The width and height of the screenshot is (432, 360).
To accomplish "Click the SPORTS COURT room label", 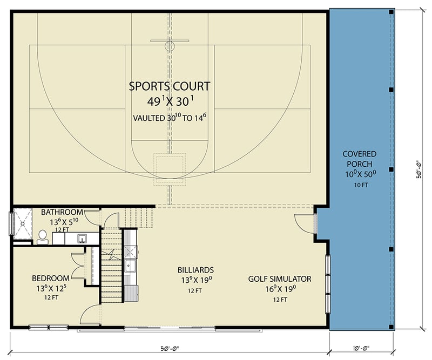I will [170, 85].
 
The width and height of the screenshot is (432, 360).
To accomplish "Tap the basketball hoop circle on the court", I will [170, 46].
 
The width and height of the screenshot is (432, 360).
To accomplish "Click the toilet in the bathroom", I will [42, 236].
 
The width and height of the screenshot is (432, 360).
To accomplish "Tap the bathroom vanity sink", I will [82, 238].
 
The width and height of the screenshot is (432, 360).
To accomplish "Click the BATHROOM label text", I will [62, 212].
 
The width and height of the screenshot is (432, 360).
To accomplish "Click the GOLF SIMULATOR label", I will [279, 279].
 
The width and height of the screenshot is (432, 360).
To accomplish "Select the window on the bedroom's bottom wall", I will [49, 327].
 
